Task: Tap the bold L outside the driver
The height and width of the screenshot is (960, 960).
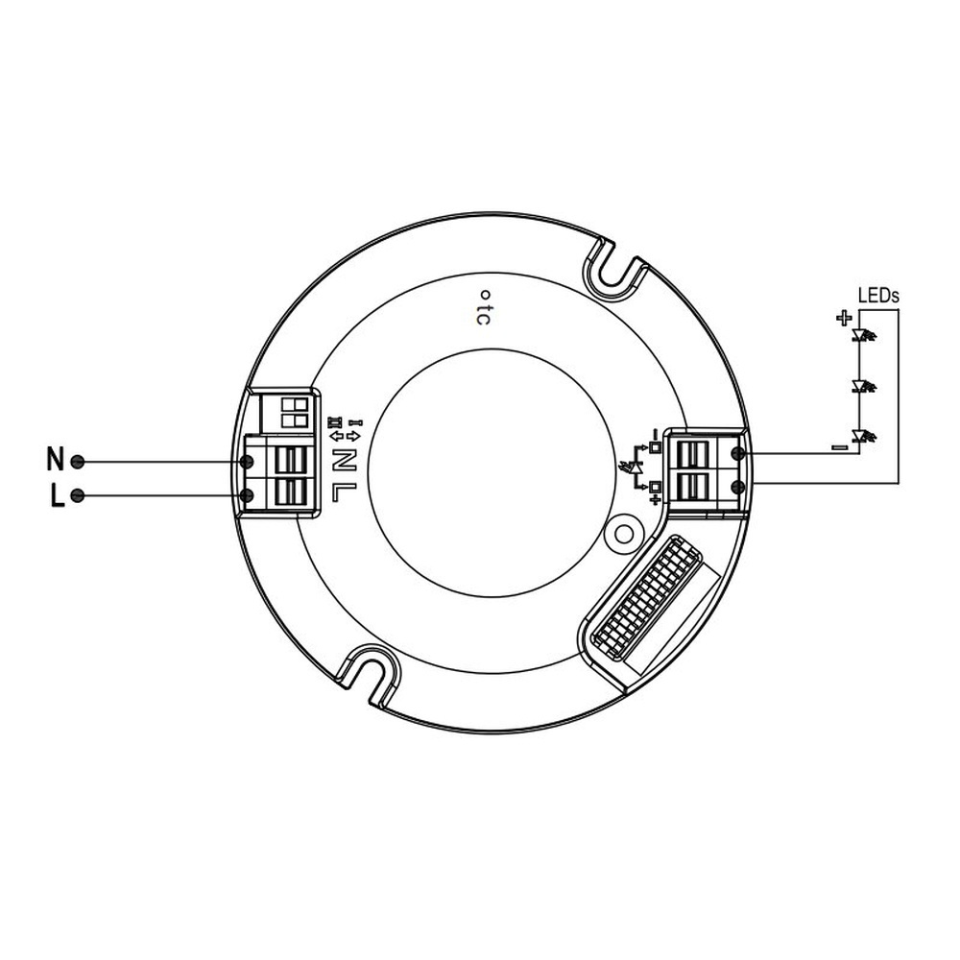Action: coord(56,496)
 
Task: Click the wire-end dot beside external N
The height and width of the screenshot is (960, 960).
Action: coord(79,462)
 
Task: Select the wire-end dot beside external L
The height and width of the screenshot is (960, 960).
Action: coord(79,496)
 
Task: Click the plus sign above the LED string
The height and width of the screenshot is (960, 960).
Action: coord(843,318)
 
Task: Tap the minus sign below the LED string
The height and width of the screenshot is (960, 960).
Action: coord(839,446)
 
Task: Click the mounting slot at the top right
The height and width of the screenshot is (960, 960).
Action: coord(618,266)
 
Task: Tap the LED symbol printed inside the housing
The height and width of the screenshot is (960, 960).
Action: coord(633,468)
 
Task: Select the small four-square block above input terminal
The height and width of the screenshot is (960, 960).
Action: coord(293,413)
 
